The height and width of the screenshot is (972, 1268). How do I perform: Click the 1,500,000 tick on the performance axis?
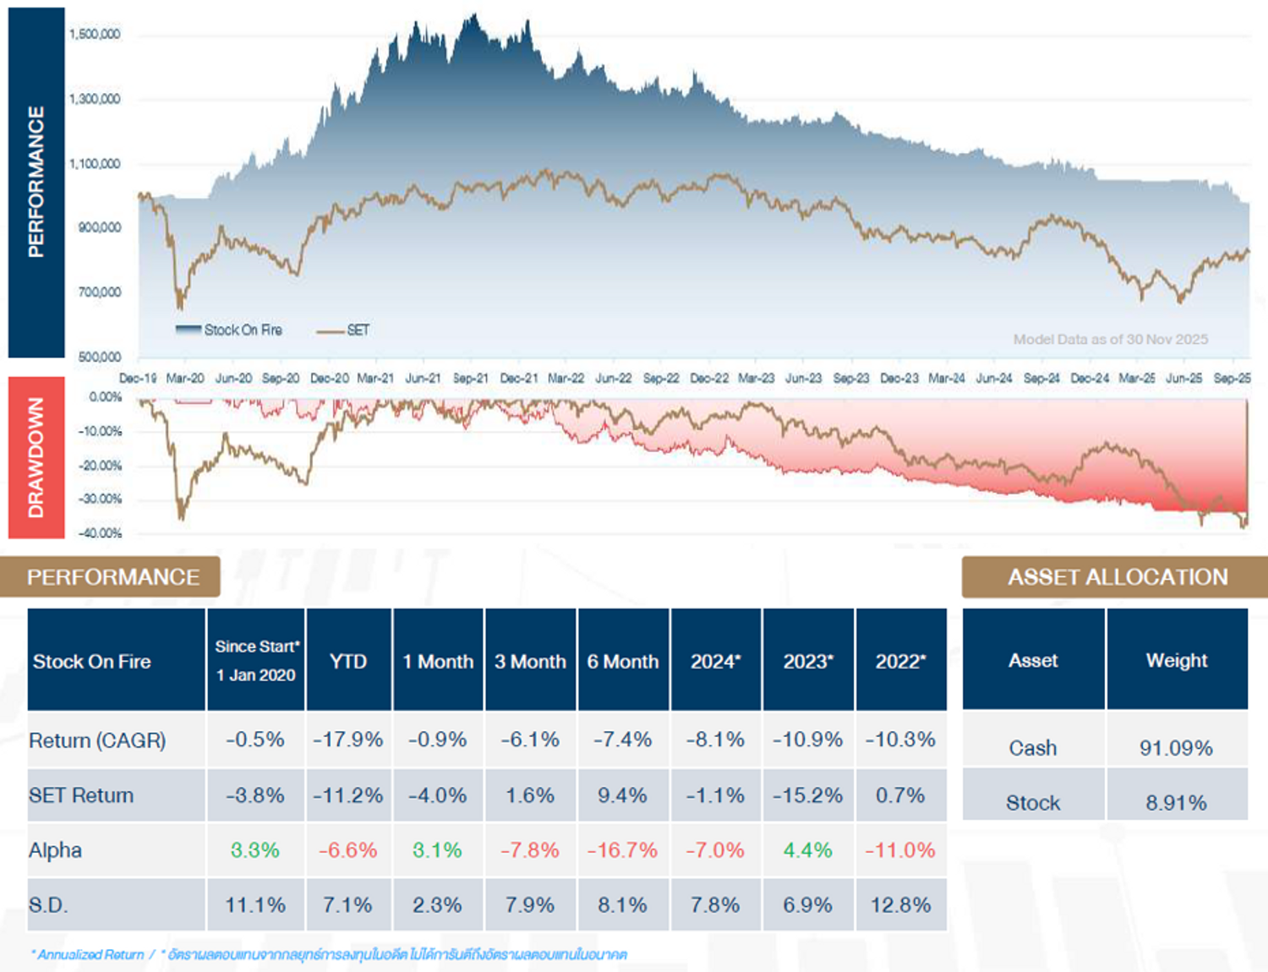(x=95, y=35)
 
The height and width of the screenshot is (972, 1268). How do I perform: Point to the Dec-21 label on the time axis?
(x=518, y=379)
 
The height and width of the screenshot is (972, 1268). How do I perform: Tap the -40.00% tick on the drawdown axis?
(x=101, y=533)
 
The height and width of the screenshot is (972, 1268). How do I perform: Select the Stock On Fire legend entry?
(x=229, y=330)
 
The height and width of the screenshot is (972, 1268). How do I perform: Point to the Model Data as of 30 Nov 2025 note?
(x=1110, y=339)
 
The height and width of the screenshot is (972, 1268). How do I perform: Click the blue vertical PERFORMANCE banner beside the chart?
(x=36, y=182)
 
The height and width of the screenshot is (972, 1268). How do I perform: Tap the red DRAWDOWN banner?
(x=36, y=457)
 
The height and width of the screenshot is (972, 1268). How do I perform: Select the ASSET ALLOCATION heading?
(x=1117, y=577)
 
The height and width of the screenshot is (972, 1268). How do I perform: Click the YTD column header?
(x=348, y=661)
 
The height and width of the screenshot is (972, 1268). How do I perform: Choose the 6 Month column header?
(x=623, y=661)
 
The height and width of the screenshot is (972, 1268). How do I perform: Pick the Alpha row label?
(x=56, y=850)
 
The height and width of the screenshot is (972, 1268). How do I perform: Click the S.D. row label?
(x=48, y=905)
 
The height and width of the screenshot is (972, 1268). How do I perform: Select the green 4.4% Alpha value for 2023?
(x=807, y=850)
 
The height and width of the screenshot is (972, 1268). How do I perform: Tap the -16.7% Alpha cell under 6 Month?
(x=622, y=850)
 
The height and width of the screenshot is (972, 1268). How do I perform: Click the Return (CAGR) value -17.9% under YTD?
(x=348, y=740)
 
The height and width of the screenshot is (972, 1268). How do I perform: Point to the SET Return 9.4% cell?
(x=622, y=795)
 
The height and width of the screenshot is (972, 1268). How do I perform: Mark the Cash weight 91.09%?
(x=1176, y=748)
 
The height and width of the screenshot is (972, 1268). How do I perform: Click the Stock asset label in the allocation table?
(x=1033, y=803)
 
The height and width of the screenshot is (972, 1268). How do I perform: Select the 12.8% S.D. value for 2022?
(x=900, y=905)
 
